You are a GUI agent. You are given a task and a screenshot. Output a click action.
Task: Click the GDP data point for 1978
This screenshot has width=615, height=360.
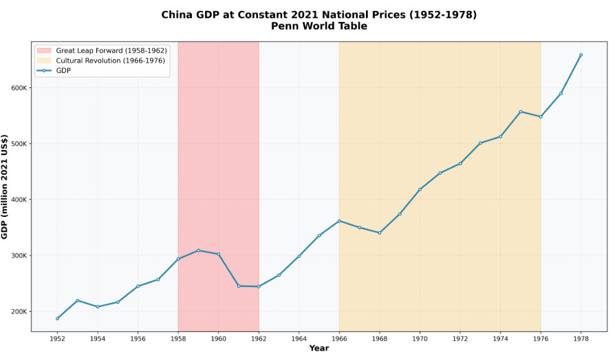pos(581,55)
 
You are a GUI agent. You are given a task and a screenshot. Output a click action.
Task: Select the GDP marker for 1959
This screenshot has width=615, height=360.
pos(198,251)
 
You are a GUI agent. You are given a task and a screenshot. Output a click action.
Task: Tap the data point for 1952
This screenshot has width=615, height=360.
pos(57,319)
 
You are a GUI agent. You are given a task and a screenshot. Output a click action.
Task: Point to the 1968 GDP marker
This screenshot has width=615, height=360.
pos(379,233)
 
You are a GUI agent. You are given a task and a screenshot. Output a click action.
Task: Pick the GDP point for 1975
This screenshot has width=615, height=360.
pos(520,112)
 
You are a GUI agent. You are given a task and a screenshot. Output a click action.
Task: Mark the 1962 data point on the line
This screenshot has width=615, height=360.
pos(259,286)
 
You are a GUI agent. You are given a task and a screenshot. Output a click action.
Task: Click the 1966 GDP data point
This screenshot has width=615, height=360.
pos(339,221)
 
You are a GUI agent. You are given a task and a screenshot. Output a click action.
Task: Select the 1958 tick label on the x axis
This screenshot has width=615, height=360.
pos(178,339)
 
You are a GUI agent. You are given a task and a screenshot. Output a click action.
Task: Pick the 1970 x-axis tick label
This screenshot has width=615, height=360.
pos(420,339)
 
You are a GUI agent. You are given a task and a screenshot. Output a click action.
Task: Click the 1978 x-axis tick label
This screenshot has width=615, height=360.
pos(581,339)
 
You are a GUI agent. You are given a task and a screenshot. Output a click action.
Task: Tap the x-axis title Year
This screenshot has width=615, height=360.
pos(319,348)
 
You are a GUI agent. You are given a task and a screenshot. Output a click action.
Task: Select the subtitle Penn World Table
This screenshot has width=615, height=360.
pos(319,26)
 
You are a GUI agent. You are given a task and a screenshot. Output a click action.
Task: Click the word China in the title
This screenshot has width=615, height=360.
pos(176,14)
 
